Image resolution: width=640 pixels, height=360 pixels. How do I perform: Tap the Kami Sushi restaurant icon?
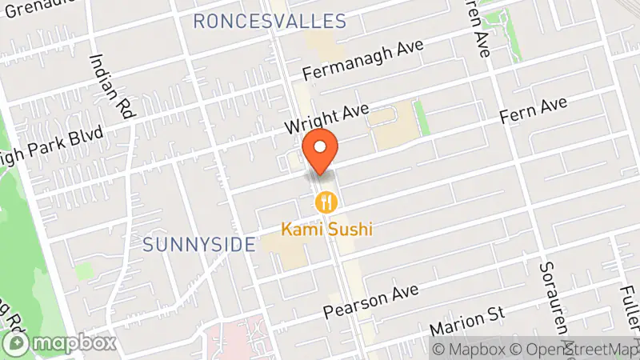click(325, 202)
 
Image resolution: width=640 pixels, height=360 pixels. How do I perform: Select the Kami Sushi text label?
click(328, 229)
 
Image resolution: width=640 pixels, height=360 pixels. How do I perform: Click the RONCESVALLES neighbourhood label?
click(270, 21)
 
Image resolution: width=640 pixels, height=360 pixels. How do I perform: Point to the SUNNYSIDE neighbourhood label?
click(199, 244)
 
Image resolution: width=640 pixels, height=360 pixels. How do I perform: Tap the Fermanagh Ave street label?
click(362, 60)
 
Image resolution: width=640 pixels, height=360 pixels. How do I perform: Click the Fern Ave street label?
click(534, 110)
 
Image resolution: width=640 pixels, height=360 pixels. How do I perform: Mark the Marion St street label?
click(468, 322)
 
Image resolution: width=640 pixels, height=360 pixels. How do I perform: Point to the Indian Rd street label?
click(110, 86)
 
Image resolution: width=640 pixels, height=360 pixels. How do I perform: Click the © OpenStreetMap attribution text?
click(577, 349)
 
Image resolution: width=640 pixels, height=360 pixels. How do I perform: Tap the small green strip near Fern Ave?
click(421, 118)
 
